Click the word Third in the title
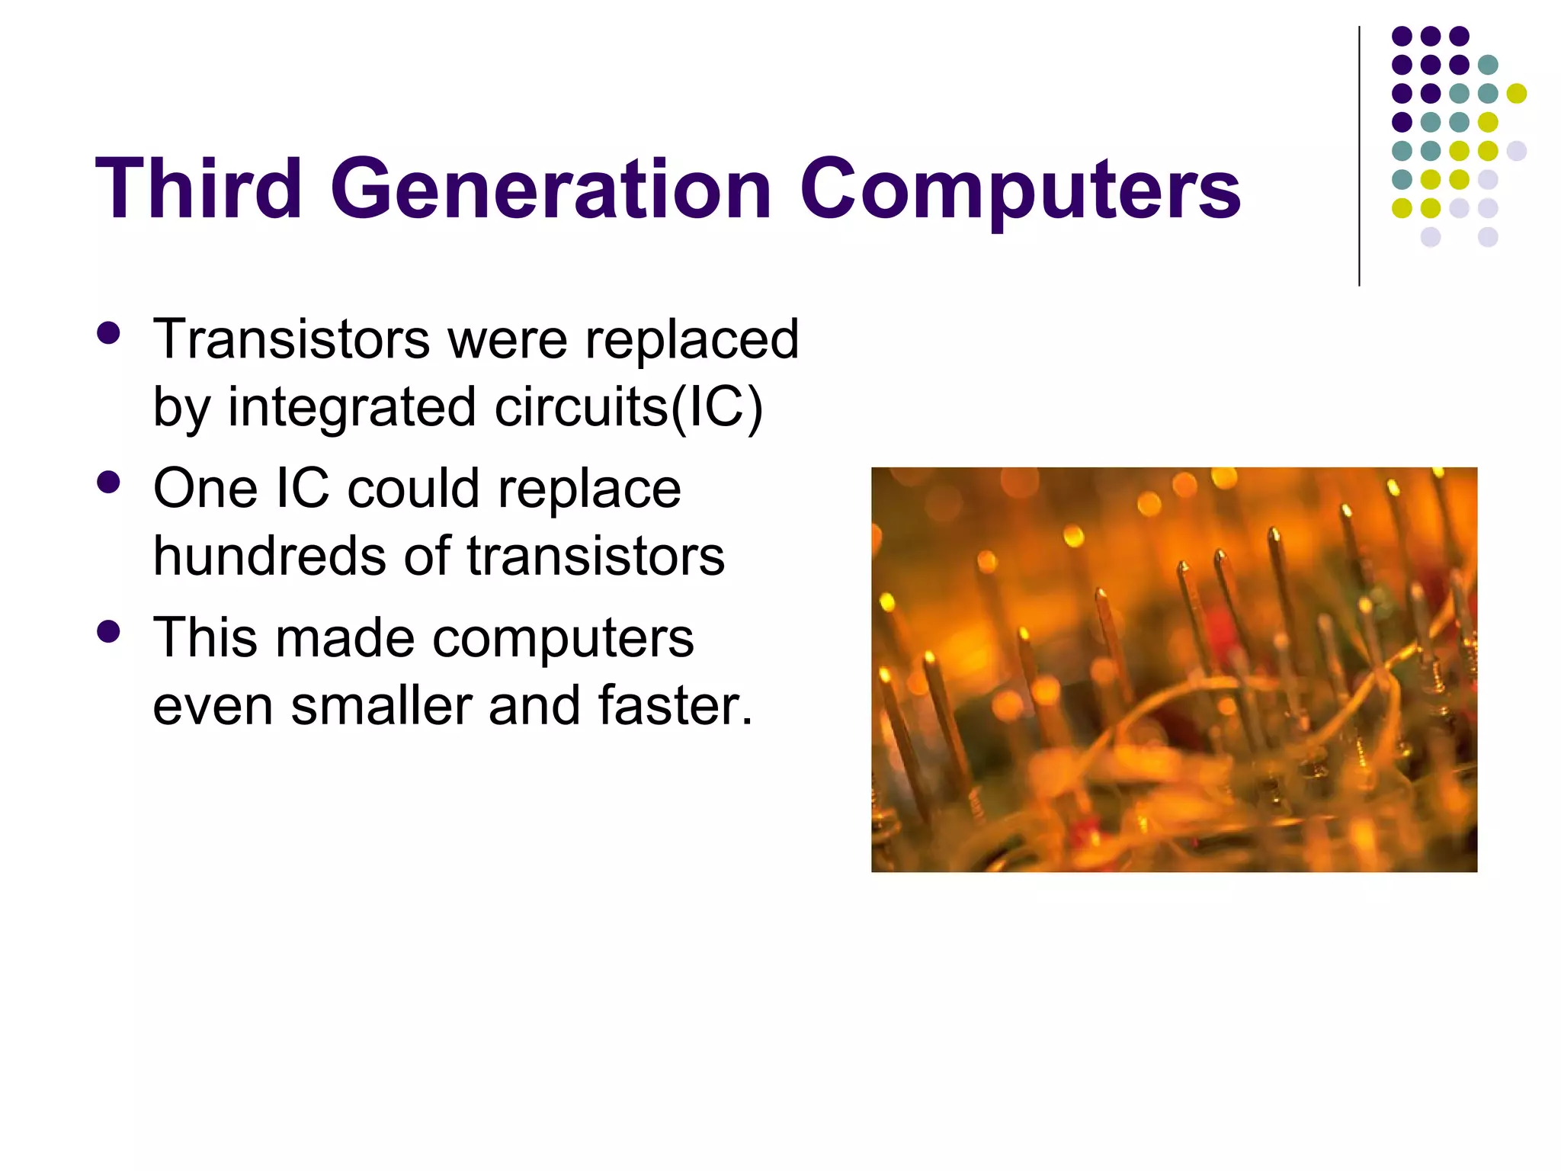[199, 188]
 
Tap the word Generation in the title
[551, 188]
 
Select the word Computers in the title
[1020, 188]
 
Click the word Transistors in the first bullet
[291, 338]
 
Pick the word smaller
[381, 704]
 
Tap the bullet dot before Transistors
[109, 333]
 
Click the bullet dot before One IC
[109, 483]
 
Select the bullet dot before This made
[109, 631]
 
